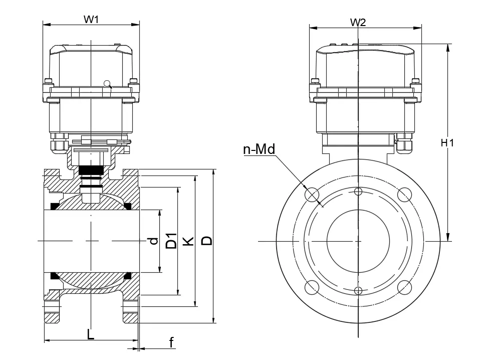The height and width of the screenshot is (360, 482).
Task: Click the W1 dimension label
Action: click(91, 20)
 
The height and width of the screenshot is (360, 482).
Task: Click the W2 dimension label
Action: click(358, 23)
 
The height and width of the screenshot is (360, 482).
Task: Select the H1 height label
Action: click(447, 143)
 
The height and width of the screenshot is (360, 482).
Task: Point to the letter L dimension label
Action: click(91, 334)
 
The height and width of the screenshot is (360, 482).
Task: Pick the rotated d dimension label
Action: click(154, 241)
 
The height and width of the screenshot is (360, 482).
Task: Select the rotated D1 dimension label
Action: click(171, 241)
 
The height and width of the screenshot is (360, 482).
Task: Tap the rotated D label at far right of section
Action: click(206, 241)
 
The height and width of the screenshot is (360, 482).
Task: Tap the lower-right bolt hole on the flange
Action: click(404, 287)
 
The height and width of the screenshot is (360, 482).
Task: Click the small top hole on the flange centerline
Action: click(358, 191)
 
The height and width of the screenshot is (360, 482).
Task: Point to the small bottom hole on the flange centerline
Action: click(358, 291)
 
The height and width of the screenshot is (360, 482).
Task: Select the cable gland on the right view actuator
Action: click(404, 144)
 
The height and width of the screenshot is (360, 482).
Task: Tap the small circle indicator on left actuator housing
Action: click(107, 83)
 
